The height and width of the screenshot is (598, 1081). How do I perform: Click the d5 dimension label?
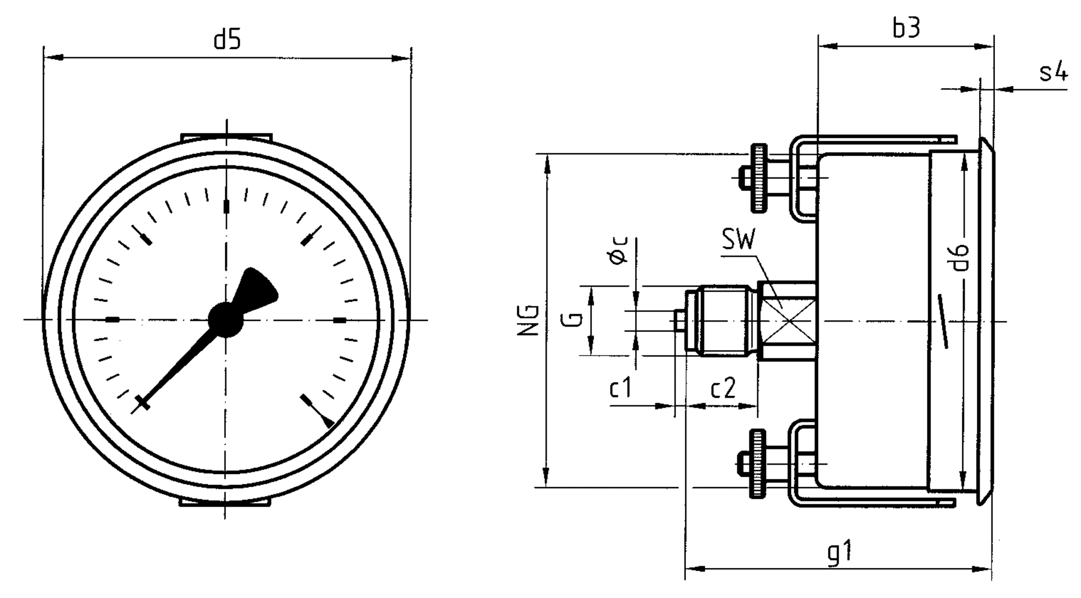[227, 41]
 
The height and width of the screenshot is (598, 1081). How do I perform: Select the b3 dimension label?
[906, 28]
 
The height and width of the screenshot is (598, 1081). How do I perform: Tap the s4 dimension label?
[1052, 73]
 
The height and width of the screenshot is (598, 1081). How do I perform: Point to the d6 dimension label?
[961, 257]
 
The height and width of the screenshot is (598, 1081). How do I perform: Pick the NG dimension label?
[529, 321]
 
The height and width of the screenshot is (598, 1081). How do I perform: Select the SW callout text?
[738, 241]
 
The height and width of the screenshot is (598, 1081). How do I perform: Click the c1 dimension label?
[620, 389]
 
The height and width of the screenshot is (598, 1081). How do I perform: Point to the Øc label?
[618, 251]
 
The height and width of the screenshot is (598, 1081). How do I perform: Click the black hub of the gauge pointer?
[225, 320]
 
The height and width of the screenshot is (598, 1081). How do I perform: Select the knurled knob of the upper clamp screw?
[758, 178]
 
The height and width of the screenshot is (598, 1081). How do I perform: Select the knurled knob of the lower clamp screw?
[758, 463]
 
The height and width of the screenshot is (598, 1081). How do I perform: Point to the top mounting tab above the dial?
[226, 137]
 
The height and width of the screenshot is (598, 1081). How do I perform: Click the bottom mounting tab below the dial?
[225, 502]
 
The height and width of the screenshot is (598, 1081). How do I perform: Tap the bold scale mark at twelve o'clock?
[227, 207]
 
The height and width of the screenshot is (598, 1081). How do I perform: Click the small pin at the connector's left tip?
[679, 321]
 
